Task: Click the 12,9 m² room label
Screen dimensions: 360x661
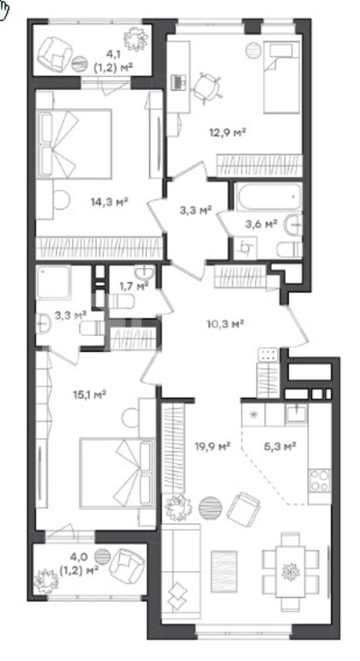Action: pyautogui.click(x=228, y=133)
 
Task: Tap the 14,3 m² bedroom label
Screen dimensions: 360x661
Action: pyautogui.click(x=109, y=202)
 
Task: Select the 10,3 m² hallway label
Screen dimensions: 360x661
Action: pyautogui.click(x=226, y=324)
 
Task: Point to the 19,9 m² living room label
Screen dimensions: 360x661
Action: pyautogui.click(x=213, y=446)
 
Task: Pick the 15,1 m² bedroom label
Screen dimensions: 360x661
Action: pyautogui.click(x=89, y=395)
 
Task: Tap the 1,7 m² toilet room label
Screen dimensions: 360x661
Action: pyautogui.click(x=134, y=286)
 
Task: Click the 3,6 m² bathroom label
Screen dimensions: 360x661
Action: pyautogui.click(x=261, y=224)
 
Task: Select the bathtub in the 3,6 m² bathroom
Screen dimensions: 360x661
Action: pyautogui.click(x=268, y=196)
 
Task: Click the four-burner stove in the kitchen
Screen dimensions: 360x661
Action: pyautogui.click(x=319, y=481)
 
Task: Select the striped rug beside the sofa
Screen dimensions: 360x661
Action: pyautogui.click(x=224, y=567)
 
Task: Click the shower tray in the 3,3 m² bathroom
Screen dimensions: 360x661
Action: pyautogui.click(x=53, y=282)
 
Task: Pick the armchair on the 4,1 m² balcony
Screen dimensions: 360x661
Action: pyautogui.click(x=55, y=54)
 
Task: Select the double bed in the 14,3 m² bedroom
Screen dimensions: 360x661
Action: pyautogui.click(x=74, y=144)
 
